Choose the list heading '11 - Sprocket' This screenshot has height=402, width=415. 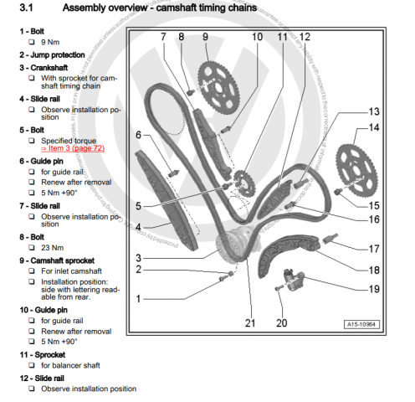[x=43, y=354]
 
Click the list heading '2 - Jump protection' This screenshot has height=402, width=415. [x=50, y=54]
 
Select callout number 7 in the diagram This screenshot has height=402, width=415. [x=165, y=37]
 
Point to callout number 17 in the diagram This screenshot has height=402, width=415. [x=373, y=248]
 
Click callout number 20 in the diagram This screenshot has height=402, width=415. [x=281, y=322]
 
